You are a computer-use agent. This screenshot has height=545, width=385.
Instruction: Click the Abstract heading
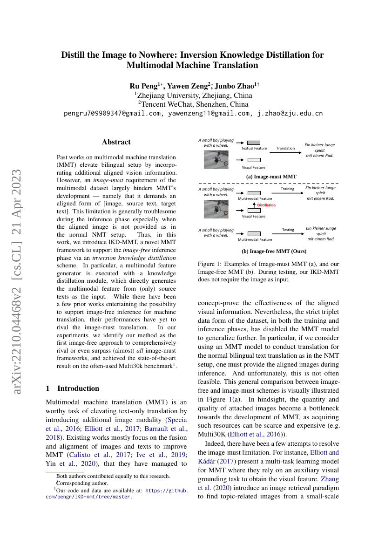(116, 142)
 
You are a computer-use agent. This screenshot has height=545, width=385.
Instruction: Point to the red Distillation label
(267, 205)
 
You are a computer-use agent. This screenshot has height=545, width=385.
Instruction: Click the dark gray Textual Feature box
(254, 143)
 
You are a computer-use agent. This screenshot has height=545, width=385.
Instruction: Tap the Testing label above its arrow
(288, 230)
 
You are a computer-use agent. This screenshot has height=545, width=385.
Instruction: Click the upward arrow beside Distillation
(254, 205)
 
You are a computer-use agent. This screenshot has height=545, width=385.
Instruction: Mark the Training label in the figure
(288, 189)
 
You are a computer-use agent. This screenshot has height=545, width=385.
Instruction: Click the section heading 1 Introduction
(73, 388)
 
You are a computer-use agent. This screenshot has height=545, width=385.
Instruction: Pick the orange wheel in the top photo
(226, 164)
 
